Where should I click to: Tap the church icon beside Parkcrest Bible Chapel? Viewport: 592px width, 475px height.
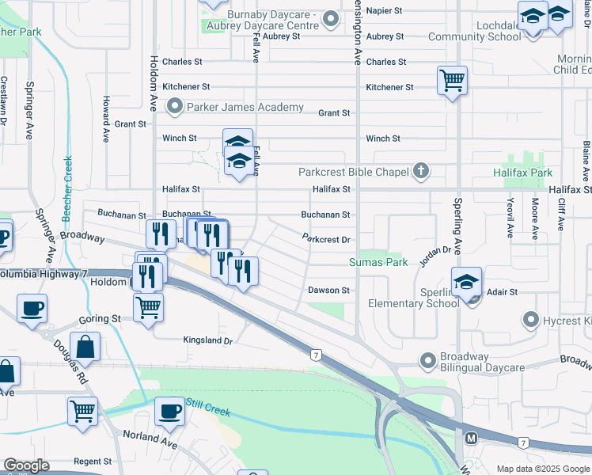[421, 172]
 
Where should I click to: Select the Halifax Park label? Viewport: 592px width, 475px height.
[522, 173]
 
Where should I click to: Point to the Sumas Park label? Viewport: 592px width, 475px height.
[378, 262]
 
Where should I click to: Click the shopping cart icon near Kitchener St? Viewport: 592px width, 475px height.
[452, 79]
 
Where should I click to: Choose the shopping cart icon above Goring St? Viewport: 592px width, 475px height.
[148, 306]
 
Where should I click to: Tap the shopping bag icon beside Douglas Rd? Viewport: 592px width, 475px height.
[85, 346]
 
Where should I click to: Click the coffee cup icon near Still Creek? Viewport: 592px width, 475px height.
[169, 411]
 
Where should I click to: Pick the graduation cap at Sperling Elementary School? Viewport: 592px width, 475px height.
[467, 281]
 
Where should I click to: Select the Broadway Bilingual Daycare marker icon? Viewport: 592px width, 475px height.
[428, 361]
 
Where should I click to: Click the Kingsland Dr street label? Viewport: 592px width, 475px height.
[207, 341]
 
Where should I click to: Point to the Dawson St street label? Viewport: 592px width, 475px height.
[328, 291]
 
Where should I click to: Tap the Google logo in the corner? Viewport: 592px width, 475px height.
[26, 466]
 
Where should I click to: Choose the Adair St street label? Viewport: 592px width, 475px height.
[503, 292]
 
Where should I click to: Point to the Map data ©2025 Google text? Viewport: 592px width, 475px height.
[543, 469]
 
